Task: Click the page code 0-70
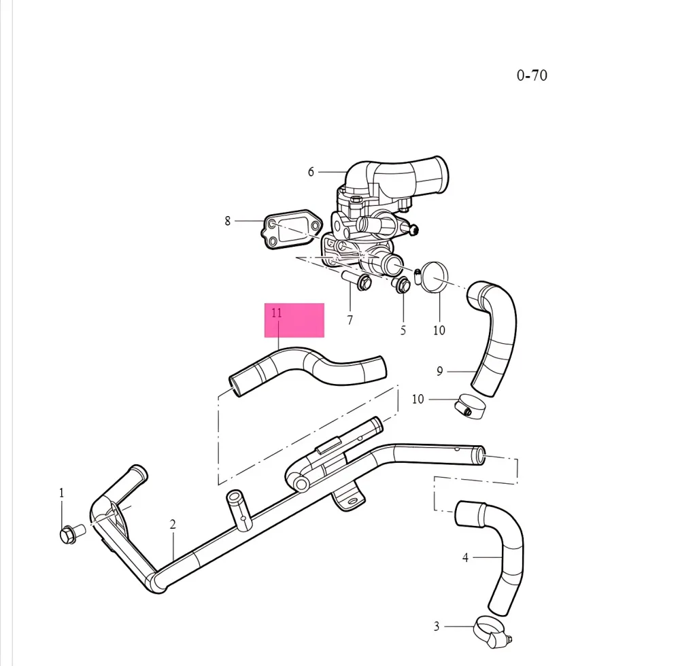531,75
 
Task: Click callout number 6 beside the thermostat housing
311,172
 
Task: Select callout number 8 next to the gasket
228,220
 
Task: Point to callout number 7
350,320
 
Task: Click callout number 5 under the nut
403,330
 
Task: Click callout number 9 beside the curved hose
440,371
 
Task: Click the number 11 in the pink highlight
276,313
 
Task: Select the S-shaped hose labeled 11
309,368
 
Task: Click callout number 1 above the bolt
61,493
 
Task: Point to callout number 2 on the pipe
173,525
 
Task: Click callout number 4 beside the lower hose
465,558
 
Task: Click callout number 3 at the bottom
437,626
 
